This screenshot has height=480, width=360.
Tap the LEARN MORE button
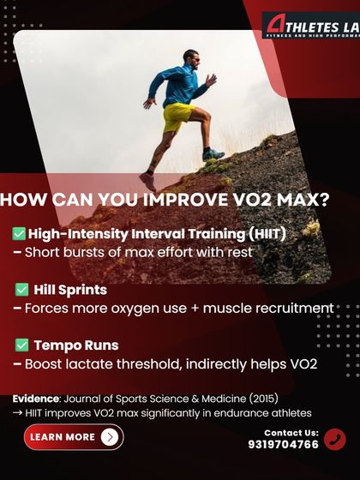pos(73,437)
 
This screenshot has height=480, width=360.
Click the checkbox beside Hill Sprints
pos(21,289)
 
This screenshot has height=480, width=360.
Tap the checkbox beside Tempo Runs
pos(21,345)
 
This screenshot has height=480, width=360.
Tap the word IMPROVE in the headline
pos(170,200)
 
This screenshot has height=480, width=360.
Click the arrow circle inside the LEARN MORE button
pos(109,437)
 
